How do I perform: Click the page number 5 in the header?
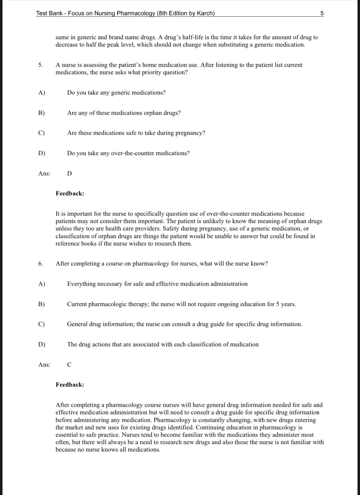tap(322, 13)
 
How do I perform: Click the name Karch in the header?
tap(205, 13)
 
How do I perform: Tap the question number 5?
tap(40, 65)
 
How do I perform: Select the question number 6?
tap(40, 263)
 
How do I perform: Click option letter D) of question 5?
tap(42, 153)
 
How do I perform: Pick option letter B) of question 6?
tap(42, 304)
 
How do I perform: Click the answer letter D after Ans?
tap(70, 173)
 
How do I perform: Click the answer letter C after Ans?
tap(69, 365)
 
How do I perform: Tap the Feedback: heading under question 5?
tap(70, 193)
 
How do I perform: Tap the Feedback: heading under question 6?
tap(70, 385)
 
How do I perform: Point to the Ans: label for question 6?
tap(44, 365)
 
